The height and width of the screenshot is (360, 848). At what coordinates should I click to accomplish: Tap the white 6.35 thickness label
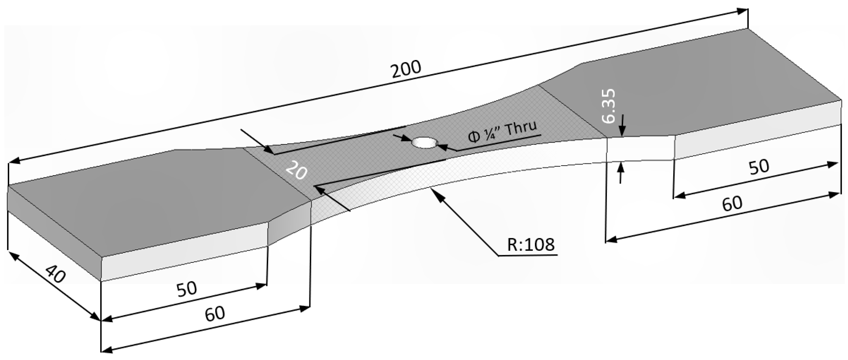click(608, 106)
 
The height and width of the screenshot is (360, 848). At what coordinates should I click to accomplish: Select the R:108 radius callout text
click(531, 244)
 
